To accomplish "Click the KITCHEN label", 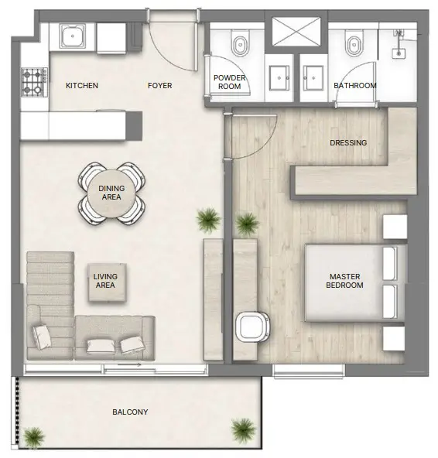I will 82,85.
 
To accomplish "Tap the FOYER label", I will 159,85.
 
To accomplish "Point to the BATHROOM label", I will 355,85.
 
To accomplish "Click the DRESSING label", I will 348,142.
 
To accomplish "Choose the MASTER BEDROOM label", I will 346,281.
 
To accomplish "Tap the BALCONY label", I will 130,412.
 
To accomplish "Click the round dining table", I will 111,192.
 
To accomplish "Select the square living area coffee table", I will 104,280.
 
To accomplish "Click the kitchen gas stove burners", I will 34,80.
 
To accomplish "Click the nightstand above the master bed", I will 395,227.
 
